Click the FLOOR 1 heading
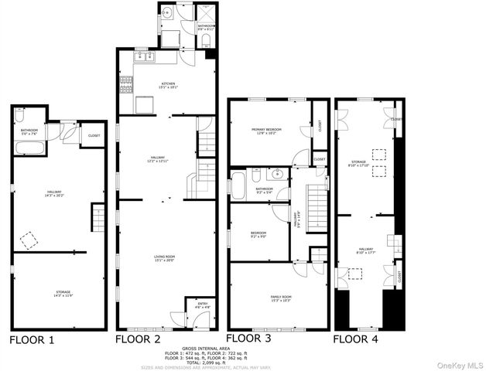pos(31,339)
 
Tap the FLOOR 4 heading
pos(356,339)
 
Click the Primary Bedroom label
pos(266,131)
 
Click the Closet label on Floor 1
pos(94,136)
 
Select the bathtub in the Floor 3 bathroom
pos(239,186)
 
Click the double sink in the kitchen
pos(145,56)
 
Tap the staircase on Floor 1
pos(98,216)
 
